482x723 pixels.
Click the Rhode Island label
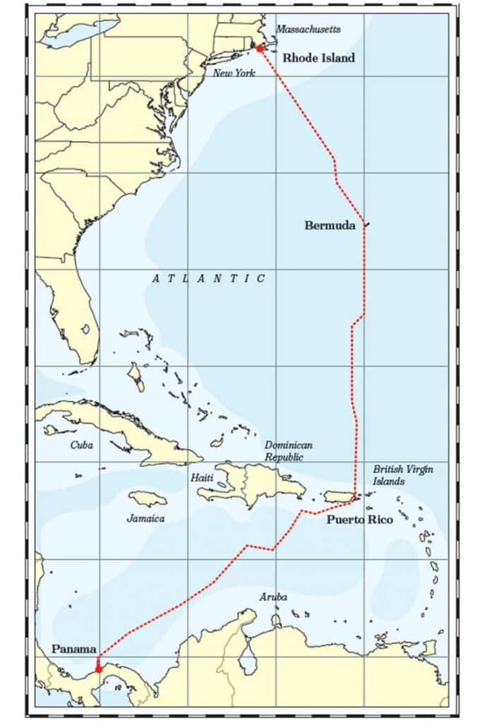point(318,58)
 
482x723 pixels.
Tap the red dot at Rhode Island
point(259,48)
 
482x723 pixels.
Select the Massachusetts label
point(308,29)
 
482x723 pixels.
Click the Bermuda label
point(330,225)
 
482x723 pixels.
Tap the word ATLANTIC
point(209,279)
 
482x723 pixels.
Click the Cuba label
point(81,445)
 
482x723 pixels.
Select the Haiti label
point(200,478)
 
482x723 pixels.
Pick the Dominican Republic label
point(288,451)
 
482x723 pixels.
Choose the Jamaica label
point(146,518)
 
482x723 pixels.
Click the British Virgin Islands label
point(403,475)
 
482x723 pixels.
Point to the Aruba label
point(273,597)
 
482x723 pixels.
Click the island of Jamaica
point(148,499)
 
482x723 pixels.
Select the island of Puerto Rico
point(339,498)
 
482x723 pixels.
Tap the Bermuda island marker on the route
point(366,225)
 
